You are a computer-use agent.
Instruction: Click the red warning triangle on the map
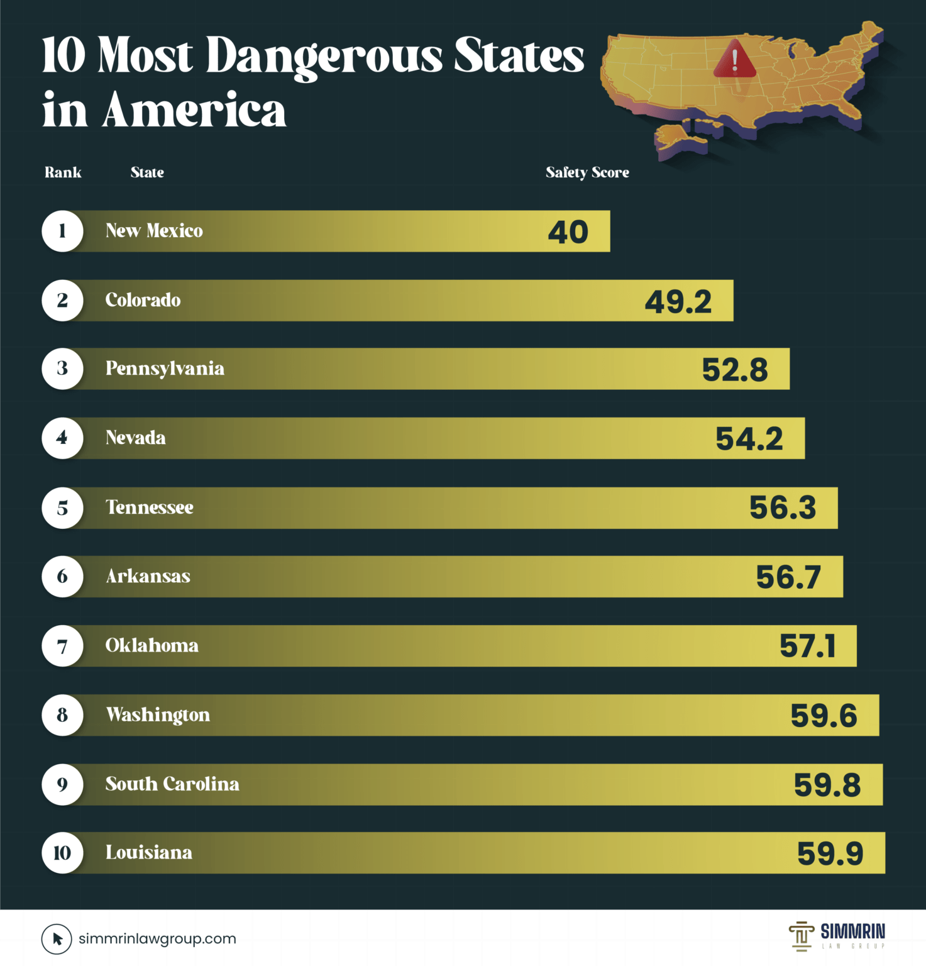[734, 60]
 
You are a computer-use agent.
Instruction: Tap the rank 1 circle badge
[62, 231]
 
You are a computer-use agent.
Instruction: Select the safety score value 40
[568, 232]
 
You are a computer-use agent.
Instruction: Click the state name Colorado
[143, 300]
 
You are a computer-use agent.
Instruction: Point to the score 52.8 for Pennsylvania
[734, 370]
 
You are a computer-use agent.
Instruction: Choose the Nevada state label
[135, 438]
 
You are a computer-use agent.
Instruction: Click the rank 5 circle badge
[62, 508]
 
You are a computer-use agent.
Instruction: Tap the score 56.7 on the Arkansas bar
[788, 577]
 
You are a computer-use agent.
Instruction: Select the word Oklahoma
[152, 646]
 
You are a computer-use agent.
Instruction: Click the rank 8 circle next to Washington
[62, 715]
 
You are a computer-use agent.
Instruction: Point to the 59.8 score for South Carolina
[827, 785]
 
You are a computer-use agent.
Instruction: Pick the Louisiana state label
[148, 853]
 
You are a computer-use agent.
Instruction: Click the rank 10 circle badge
[62, 853]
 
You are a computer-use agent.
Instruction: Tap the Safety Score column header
[587, 172]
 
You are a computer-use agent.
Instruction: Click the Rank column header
[63, 172]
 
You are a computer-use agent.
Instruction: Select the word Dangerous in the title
[324, 57]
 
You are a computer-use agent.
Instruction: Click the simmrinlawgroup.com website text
[157, 939]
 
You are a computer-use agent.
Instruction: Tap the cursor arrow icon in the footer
[57, 939]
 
